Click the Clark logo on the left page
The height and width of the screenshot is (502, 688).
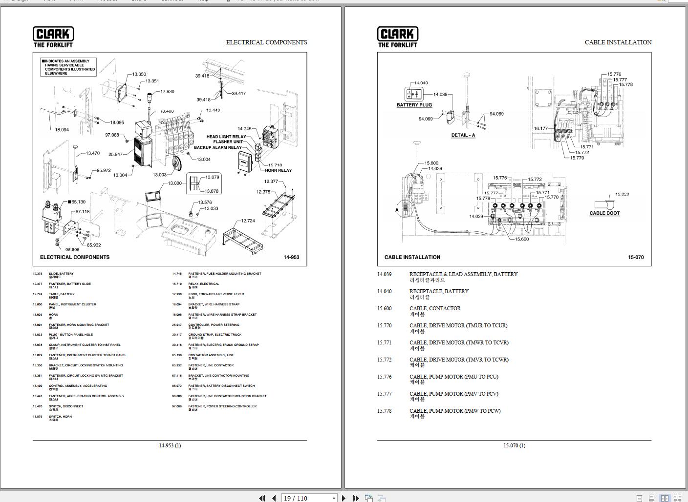(x=53, y=37)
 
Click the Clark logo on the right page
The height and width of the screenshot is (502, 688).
(x=398, y=37)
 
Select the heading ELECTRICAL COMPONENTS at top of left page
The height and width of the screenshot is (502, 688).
(x=266, y=42)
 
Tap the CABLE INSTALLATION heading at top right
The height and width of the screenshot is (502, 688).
(x=618, y=42)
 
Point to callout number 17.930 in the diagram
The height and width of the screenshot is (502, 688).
(x=167, y=92)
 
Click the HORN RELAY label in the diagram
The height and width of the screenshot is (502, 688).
(x=278, y=170)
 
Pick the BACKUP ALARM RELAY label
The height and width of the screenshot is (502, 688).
(x=217, y=147)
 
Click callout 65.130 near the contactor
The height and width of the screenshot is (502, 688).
(x=78, y=201)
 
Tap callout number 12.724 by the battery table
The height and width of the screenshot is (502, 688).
(x=248, y=221)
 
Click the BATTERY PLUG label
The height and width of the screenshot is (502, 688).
(x=414, y=105)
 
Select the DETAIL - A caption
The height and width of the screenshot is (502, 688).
(x=463, y=135)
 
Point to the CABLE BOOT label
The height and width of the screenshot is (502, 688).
(x=604, y=213)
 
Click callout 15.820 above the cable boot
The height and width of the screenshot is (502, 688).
(x=622, y=194)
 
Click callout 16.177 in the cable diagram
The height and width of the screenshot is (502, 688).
(x=540, y=129)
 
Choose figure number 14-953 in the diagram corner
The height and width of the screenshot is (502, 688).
(x=291, y=257)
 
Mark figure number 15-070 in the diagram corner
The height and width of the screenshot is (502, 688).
(x=636, y=257)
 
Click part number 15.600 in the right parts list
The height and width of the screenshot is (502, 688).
(x=384, y=308)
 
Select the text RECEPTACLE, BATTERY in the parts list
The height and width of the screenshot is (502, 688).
(x=439, y=291)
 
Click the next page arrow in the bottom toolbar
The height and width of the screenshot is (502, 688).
(x=344, y=498)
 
